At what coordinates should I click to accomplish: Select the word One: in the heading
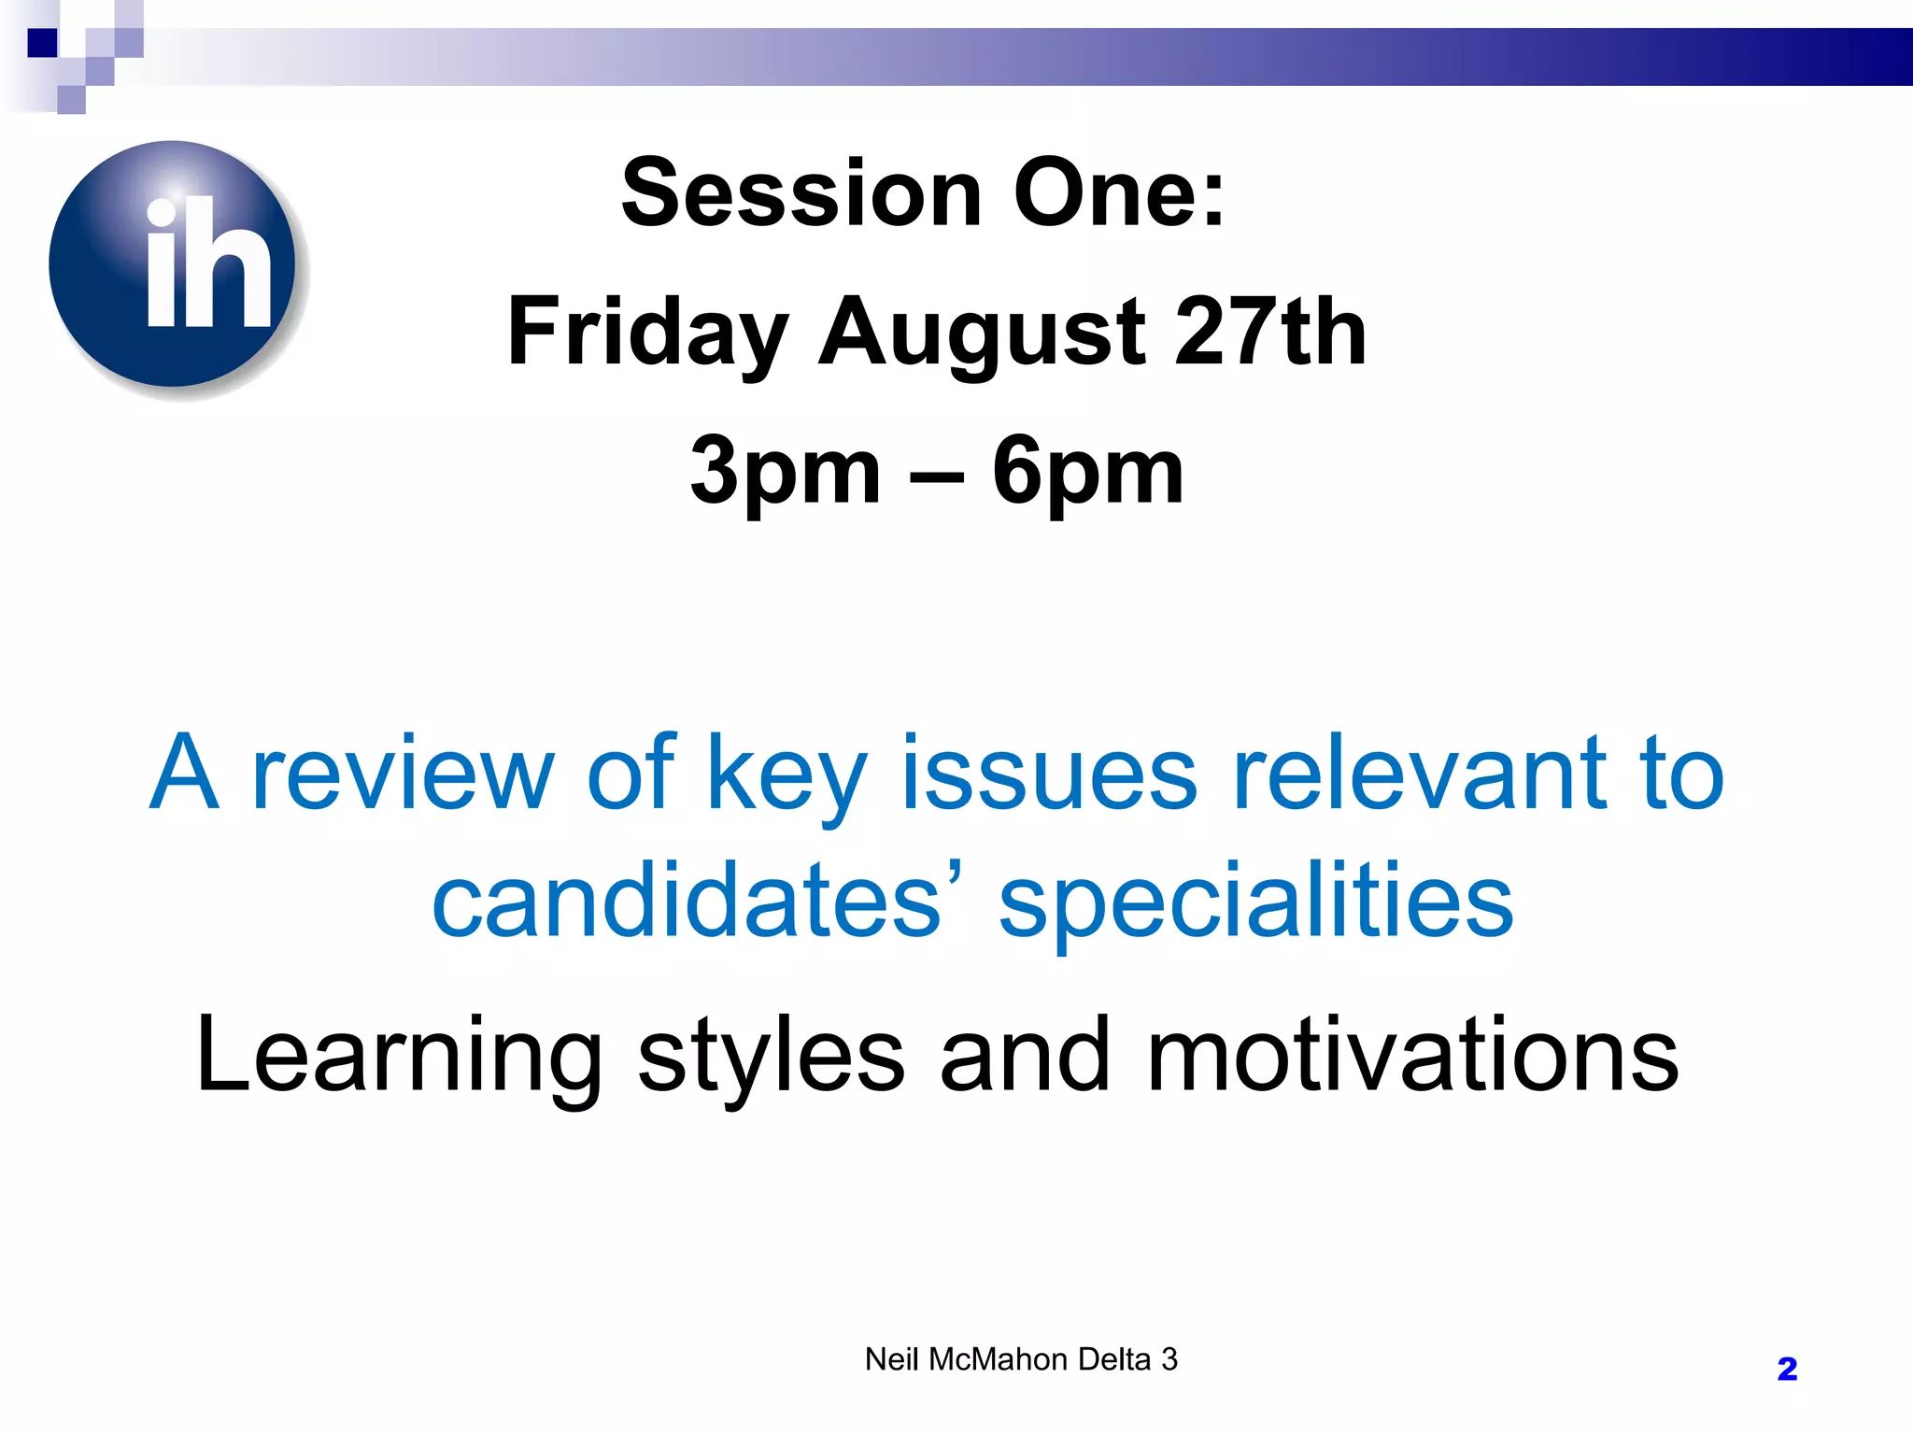[1119, 193]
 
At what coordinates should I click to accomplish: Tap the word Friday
[648, 332]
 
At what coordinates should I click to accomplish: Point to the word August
[982, 332]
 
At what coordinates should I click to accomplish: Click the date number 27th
[1271, 332]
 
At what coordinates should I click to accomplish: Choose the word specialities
[1255, 901]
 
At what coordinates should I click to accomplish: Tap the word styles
[771, 1056]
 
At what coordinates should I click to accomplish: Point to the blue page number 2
[1787, 1370]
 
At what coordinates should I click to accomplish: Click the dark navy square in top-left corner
[42, 43]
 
